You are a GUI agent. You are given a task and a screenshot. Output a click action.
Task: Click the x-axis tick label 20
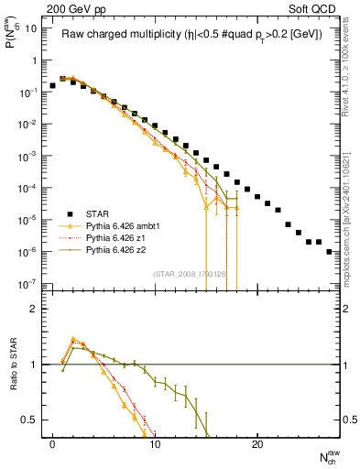(x=257, y=444)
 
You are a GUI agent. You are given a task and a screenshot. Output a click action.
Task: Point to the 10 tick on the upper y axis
(x=31, y=28)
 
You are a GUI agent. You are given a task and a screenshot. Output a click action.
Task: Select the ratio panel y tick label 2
(x=33, y=309)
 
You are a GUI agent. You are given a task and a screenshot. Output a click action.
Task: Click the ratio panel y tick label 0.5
(x=29, y=420)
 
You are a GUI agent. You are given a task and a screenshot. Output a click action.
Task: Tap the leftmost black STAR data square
(x=52, y=85)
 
